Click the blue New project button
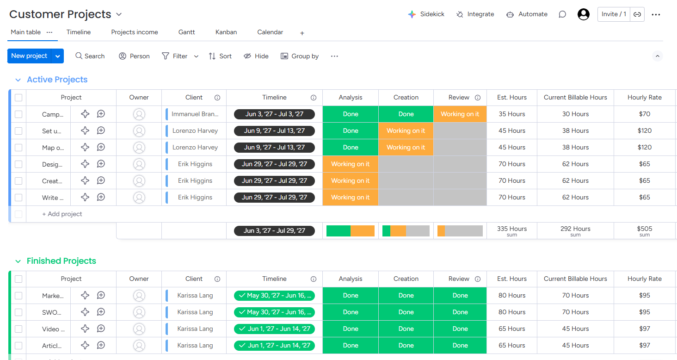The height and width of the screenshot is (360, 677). [29, 56]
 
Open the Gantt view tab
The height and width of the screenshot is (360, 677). [186, 32]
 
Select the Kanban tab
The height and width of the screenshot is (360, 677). [226, 32]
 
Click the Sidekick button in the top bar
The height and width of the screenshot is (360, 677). [426, 14]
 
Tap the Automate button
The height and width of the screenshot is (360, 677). [527, 14]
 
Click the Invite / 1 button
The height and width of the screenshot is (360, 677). [614, 14]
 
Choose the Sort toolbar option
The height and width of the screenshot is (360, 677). [220, 56]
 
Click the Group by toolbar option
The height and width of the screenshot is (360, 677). [300, 56]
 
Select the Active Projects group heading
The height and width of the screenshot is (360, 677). [57, 80]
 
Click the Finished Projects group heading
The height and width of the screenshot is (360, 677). [61, 261]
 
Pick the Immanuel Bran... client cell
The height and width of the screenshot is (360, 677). [195, 114]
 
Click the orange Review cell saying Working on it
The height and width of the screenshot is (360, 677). [460, 114]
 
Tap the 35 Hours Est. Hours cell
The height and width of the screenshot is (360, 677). [511, 114]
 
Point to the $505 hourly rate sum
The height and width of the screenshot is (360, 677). [644, 229]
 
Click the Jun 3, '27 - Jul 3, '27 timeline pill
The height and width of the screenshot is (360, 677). [274, 114]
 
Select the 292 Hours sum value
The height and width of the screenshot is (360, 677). [575, 229]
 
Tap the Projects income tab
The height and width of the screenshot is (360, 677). [135, 32]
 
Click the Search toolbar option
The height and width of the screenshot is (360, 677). [90, 56]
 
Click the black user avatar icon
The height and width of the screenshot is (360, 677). [584, 14]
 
